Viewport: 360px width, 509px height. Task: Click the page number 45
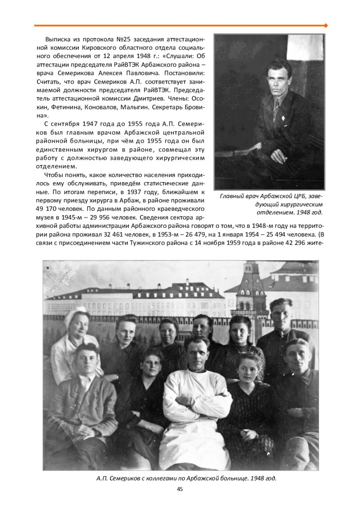point(180,489)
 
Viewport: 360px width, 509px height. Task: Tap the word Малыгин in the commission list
point(158,107)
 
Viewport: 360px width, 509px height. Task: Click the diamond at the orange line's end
point(326,25)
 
